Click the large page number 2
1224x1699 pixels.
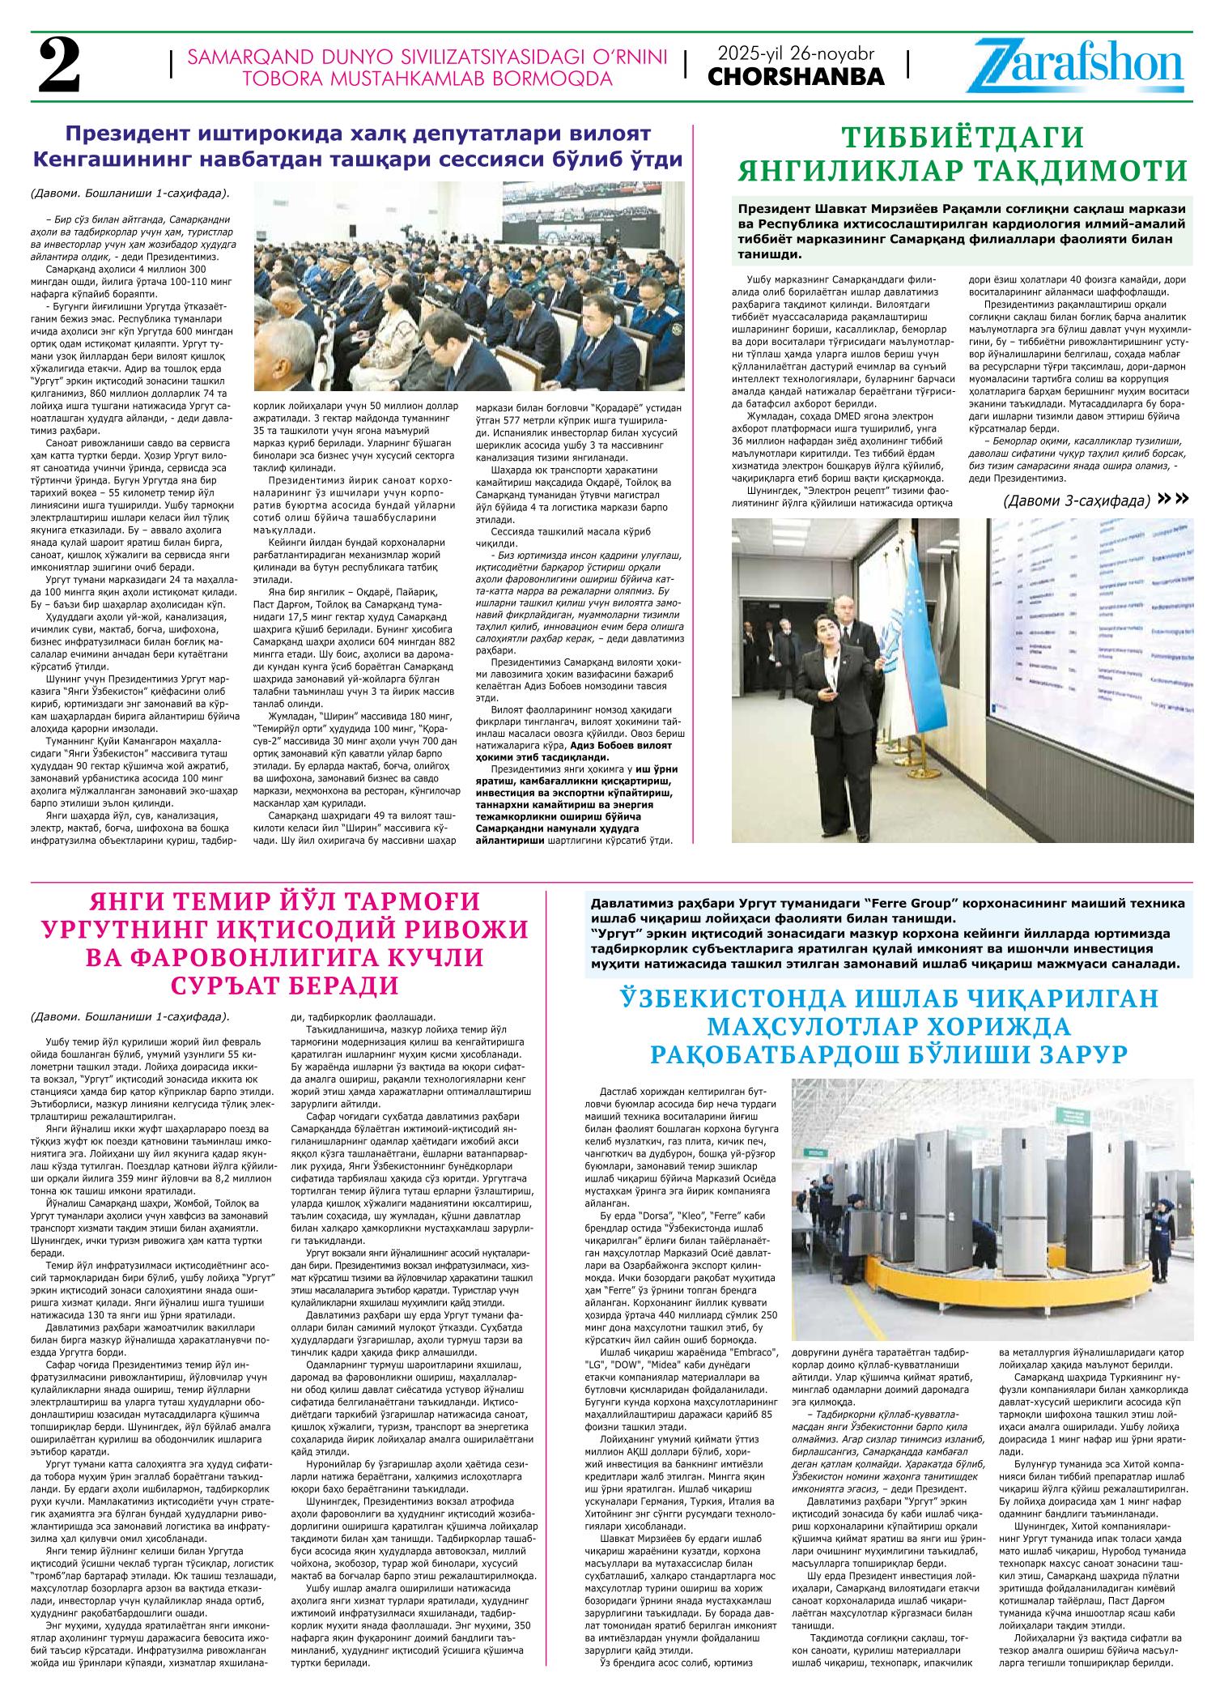coord(59,66)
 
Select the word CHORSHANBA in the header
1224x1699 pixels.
coord(797,76)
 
